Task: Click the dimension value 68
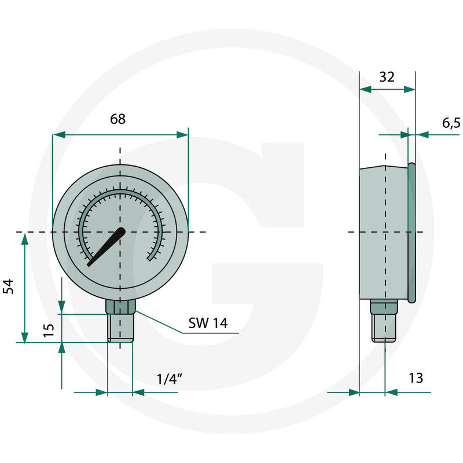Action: pos(117,119)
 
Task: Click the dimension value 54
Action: pos(9,286)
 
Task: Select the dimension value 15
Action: pos(49,330)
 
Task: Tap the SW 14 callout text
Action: pos(208,324)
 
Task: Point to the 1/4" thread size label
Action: pos(170,379)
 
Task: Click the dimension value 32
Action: pos(387,76)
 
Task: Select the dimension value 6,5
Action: pos(451,123)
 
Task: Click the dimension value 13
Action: pos(416,379)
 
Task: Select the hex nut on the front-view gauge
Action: pos(120,306)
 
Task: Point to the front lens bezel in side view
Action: pos(411,231)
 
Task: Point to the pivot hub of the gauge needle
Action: pos(121,232)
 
